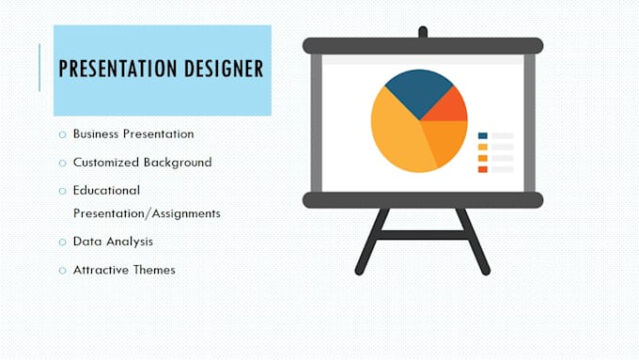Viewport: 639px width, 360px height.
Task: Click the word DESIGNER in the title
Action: tap(220, 69)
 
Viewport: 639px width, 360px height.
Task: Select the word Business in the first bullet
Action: tap(98, 133)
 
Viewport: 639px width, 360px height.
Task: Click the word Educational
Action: tap(106, 190)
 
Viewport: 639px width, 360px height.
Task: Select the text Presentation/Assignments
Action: tap(147, 213)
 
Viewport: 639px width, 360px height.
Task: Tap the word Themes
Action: tap(155, 270)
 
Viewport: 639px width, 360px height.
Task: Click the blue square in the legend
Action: tap(483, 136)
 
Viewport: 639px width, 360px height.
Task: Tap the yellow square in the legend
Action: tap(483, 148)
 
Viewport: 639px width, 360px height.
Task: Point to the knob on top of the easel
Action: tap(422, 32)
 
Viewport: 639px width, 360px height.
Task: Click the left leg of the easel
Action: tap(371, 242)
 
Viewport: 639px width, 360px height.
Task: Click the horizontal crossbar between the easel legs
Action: tap(422, 234)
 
